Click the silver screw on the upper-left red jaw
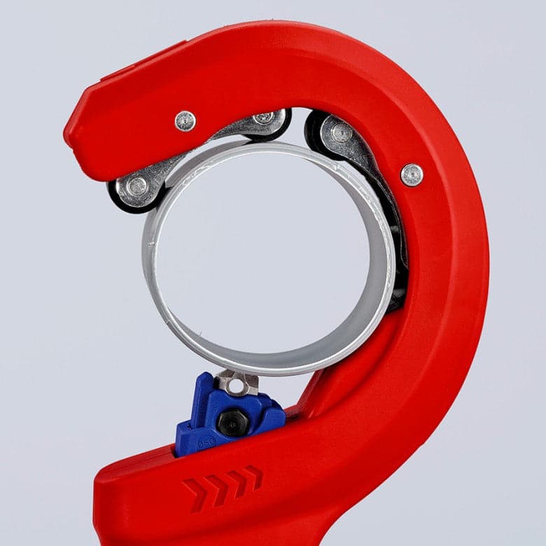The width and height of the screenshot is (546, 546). point(185,120)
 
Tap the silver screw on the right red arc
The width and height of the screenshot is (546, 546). point(412,175)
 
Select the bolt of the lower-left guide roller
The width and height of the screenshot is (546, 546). point(138,186)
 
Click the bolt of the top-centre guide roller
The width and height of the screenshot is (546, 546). point(265,118)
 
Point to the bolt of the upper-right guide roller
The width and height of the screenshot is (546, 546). point(341,133)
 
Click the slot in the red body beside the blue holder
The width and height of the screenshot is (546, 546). point(297,413)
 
